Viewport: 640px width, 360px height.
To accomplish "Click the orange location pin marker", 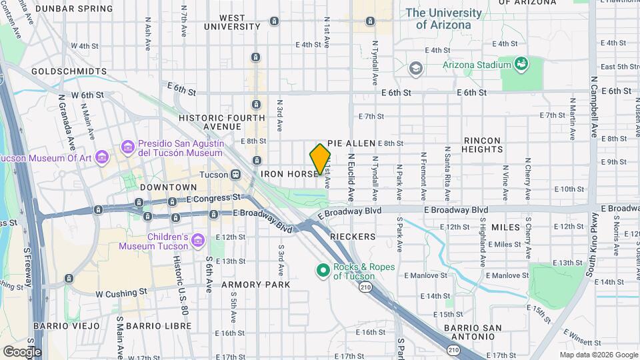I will point(320,159).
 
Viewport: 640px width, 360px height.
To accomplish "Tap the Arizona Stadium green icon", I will point(521,64).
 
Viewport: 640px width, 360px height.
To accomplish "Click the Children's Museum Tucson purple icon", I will point(197,240).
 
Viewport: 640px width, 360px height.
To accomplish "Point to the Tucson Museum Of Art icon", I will point(101,157).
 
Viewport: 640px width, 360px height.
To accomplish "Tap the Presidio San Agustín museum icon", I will point(127,146).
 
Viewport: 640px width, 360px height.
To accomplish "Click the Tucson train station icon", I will point(235,174).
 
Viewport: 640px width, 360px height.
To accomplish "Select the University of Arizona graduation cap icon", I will point(416,68).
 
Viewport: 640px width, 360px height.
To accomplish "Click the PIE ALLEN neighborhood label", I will point(351,143).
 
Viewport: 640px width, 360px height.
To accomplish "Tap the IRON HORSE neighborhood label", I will point(289,174).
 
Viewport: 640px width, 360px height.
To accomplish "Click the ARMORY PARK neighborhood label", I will point(255,285).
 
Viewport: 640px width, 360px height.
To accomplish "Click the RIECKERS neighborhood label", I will point(353,237).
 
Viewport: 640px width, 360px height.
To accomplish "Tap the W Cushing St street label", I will point(121,293).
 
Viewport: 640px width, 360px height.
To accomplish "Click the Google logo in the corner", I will point(22,351).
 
